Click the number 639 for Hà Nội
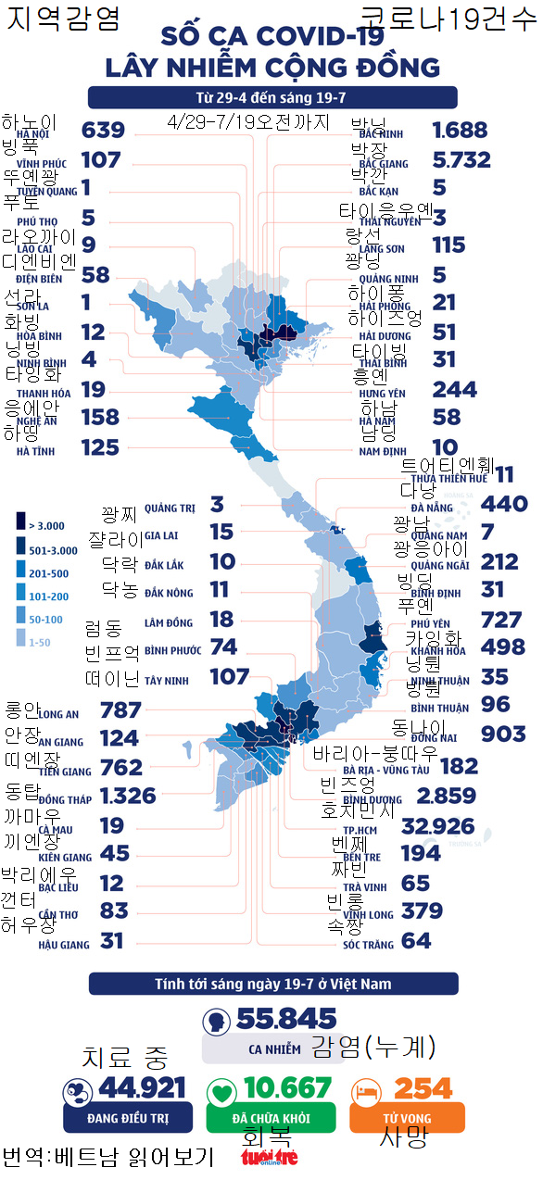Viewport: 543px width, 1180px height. (x=103, y=131)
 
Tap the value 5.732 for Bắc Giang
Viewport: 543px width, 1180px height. (x=461, y=160)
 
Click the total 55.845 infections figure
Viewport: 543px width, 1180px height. (x=286, y=1020)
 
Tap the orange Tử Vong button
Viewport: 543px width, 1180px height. (x=407, y=1118)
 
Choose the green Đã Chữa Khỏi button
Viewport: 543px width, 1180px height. (x=271, y=1118)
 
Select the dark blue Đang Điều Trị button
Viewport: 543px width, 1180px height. (x=128, y=1118)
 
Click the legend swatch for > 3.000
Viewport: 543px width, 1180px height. (x=20, y=524)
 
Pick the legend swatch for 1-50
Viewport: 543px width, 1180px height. (x=20, y=641)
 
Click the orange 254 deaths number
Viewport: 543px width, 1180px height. (x=423, y=1088)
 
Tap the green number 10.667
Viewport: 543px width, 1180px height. (x=286, y=1088)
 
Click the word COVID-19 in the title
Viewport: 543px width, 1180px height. (x=305, y=37)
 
